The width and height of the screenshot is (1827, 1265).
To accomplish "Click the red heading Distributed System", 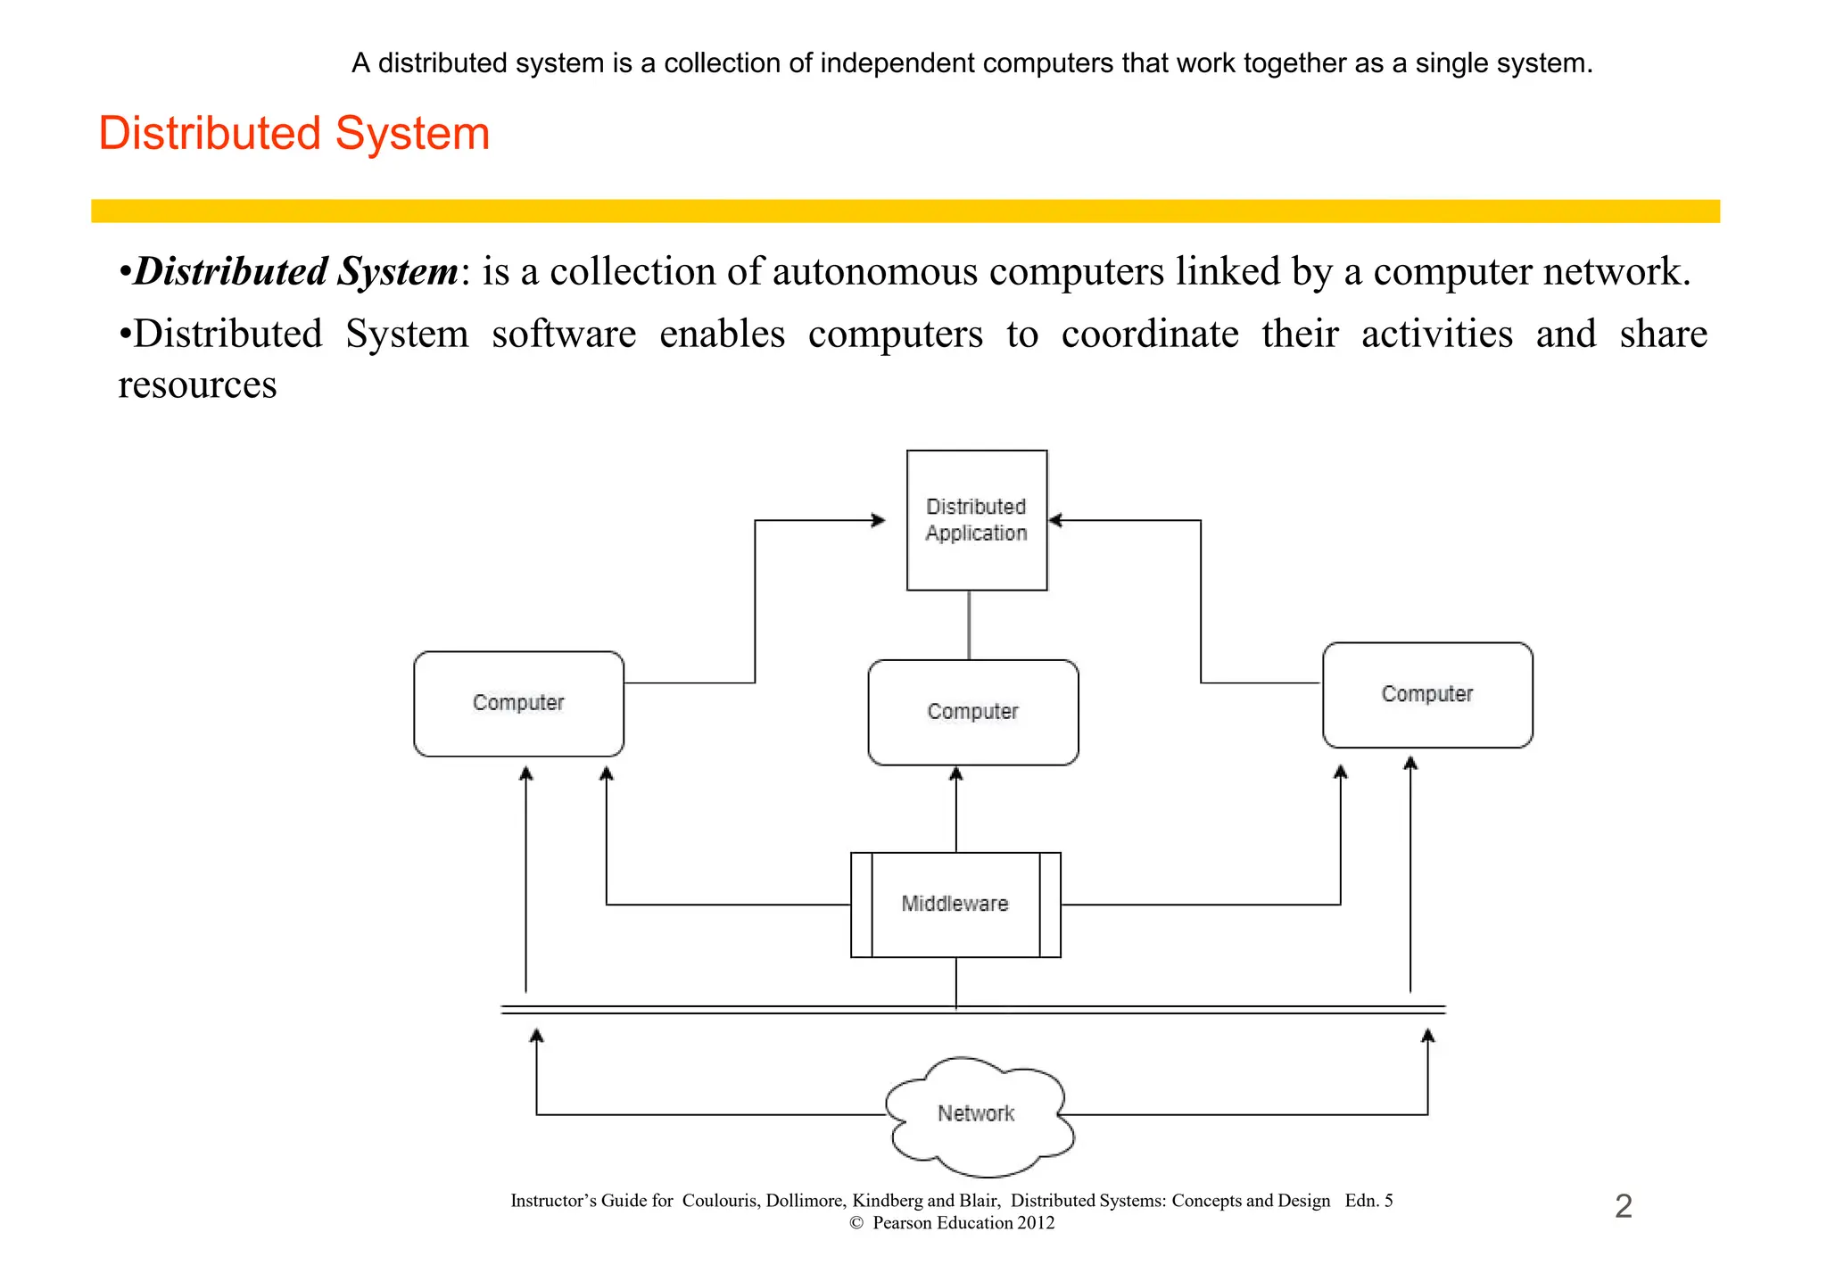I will tap(293, 134).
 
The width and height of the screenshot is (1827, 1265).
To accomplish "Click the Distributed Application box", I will tap(976, 520).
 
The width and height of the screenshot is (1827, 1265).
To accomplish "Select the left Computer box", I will tap(518, 703).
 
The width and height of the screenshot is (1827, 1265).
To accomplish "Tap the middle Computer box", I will tap(972, 712).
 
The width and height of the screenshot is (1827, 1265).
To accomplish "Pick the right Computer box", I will tap(1426, 694).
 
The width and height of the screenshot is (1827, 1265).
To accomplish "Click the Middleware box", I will tap(955, 904).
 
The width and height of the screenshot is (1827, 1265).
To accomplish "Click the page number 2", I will tap(1623, 1206).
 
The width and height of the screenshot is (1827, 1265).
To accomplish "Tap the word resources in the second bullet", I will tap(197, 385).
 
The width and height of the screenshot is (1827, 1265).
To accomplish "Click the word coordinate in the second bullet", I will tap(1149, 335).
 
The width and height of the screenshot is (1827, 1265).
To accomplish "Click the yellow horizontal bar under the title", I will tap(905, 211).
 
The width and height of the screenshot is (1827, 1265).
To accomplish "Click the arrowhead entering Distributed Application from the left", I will tap(879, 520).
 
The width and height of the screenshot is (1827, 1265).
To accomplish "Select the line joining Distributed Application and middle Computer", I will tap(969, 624).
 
